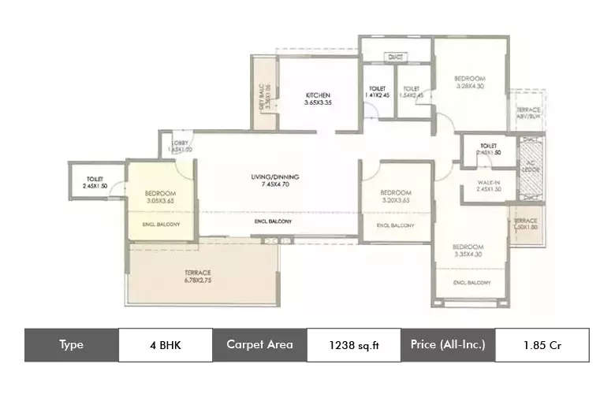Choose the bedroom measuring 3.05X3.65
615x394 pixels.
click(160, 197)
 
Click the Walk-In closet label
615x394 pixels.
click(489, 185)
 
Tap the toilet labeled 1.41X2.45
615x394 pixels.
click(377, 91)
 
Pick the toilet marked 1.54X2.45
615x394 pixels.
click(412, 91)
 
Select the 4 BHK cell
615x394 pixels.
click(165, 344)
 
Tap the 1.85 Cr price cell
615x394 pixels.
click(541, 344)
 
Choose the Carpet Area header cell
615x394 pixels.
click(259, 344)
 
